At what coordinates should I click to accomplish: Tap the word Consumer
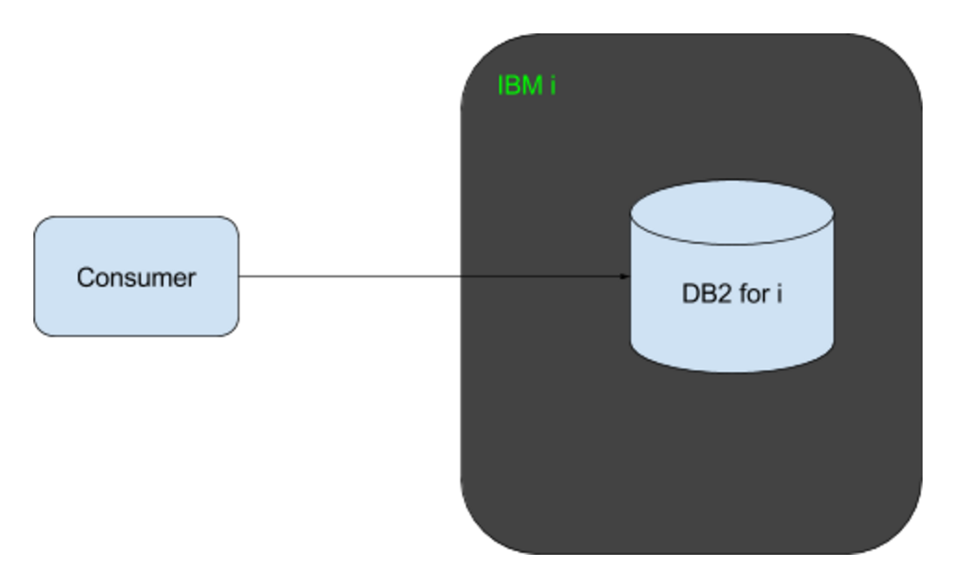136,276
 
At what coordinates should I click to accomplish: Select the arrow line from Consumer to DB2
371,276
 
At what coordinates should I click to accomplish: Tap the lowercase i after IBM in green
553,87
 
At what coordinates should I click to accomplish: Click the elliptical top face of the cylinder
731,212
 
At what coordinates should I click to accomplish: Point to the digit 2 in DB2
717,300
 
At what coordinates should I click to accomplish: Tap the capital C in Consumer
85,276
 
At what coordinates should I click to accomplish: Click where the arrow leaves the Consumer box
239,276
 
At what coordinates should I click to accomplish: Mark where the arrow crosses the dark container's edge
461,276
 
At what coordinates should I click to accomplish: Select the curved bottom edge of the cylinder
731,371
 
